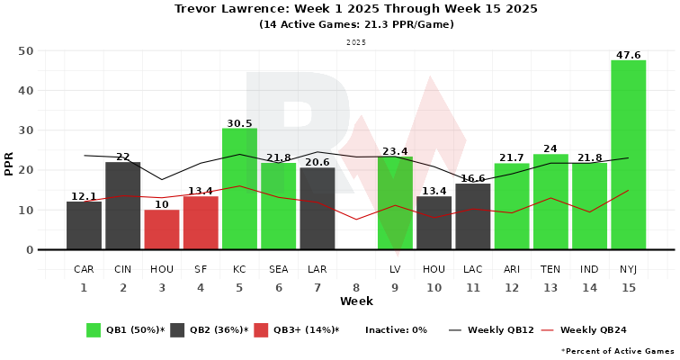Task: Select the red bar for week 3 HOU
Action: point(162,229)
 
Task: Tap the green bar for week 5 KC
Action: point(239,189)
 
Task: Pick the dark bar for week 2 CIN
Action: point(123,205)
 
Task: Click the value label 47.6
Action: point(628,55)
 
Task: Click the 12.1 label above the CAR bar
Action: point(84,196)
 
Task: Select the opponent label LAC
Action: point(473,269)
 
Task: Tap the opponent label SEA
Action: point(279,269)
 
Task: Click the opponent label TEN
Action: point(550,269)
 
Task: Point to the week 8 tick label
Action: point(356,287)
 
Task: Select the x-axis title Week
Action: point(356,301)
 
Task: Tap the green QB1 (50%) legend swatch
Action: point(94,329)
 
